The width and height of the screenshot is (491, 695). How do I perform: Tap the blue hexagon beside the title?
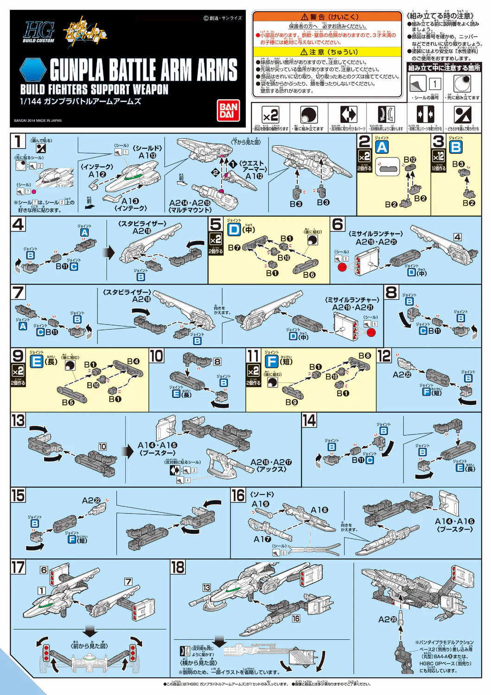pyautogui.click(x=33, y=70)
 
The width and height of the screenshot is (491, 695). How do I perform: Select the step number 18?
pyautogui.click(x=178, y=568)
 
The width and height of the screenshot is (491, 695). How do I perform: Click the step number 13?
pyautogui.click(x=18, y=420)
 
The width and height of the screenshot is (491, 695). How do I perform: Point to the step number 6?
pyautogui.click(x=338, y=224)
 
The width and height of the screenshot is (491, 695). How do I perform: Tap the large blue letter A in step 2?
pyautogui.click(x=382, y=147)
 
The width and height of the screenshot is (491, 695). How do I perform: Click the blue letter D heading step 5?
pyautogui.click(x=234, y=229)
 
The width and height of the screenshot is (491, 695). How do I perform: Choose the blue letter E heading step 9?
pyautogui.click(x=36, y=361)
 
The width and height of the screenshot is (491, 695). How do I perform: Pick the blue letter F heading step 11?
pyautogui.click(x=272, y=361)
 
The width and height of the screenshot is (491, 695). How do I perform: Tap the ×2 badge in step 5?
pyautogui.click(x=216, y=240)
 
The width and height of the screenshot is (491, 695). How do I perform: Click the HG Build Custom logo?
pyautogui.click(x=39, y=32)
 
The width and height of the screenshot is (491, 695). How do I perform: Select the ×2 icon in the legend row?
pyautogui.click(x=270, y=115)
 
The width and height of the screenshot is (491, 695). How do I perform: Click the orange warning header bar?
pyautogui.click(x=327, y=17)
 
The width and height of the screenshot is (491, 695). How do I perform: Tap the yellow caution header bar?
pyautogui.click(x=327, y=52)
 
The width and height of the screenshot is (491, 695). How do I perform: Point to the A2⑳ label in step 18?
pyautogui.click(x=388, y=619)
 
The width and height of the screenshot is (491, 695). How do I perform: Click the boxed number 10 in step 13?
pyautogui.click(x=102, y=447)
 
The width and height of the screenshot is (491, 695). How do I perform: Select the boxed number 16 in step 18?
pyautogui.click(x=296, y=618)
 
